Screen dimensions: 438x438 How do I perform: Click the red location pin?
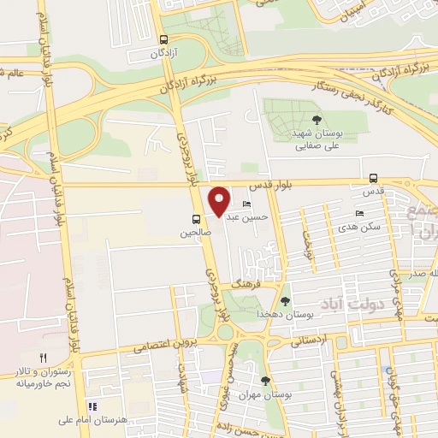pos(220,201)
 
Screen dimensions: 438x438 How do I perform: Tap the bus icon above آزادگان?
pos(163,39)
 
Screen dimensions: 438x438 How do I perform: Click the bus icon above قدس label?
pos(372,178)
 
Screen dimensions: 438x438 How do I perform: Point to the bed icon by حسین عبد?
pos(246,204)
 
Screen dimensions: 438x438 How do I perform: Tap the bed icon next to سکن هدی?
pos(358,214)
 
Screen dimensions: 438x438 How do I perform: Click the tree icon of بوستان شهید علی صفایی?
pos(317,120)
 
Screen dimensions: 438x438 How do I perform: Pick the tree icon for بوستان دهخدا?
pos(285,300)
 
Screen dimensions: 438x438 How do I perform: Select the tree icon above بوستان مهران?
pos(265,380)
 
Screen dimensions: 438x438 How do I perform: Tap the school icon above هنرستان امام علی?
pos(92,406)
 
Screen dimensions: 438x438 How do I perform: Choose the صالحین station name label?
pos(195,232)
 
